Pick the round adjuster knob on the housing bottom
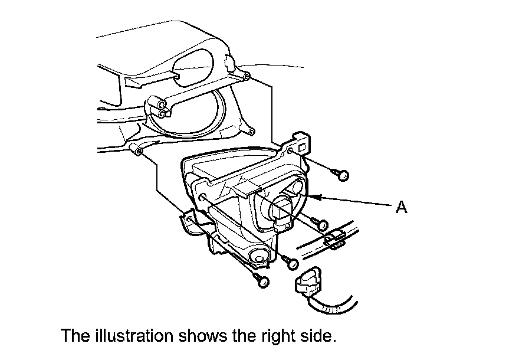tap(258, 255)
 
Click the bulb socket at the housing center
tap(288, 210)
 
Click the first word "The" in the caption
tap(75, 336)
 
